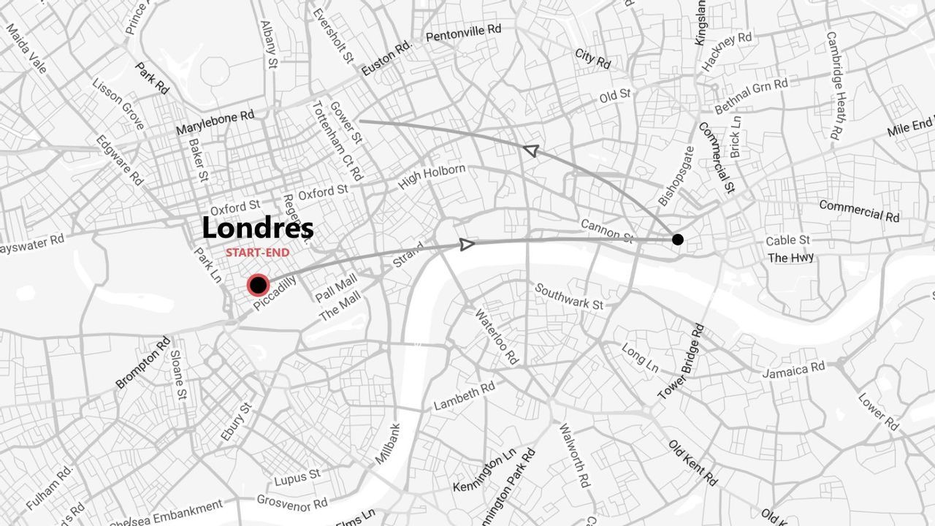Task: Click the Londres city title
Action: [257, 228]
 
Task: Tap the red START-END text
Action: [257, 253]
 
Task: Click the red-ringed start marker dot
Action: [258, 285]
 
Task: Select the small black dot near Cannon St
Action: [678, 240]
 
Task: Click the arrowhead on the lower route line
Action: [467, 244]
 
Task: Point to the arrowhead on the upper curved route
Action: [531, 150]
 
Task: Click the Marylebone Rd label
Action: [215, 122]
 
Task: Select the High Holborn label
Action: [431, 178]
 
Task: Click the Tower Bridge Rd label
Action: [681, 362]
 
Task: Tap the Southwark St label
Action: [569, 296]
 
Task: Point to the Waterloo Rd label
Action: [497, 337]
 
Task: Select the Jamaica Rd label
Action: [793, 370]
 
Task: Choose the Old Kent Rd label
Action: [692, 462]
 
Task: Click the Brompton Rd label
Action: [143, 362]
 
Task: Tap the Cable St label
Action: [787, 240]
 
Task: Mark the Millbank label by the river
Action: [388, 443]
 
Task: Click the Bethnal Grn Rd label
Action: [751, 96]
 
